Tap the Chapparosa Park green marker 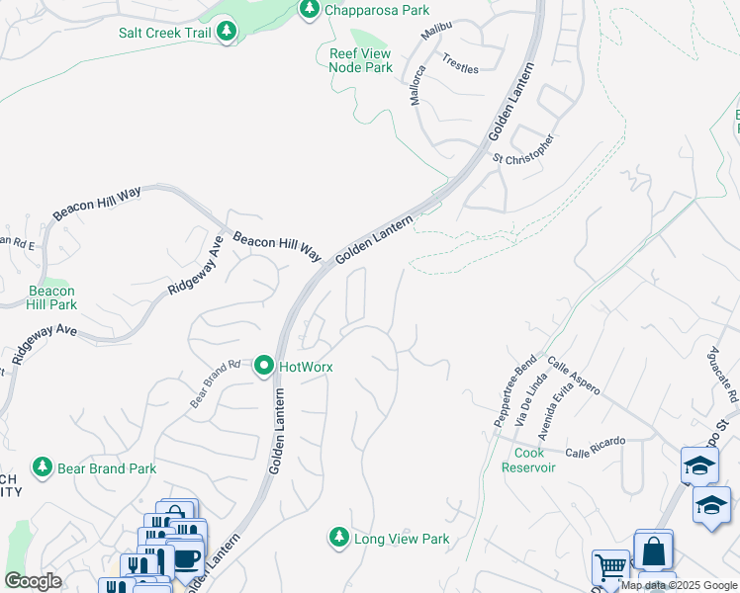pos(309,10)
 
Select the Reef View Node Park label pos(360,61)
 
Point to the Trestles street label pos(460,64)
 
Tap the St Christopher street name pos(523,148)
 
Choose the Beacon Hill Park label pos(51,297)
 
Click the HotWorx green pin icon pos(264,367)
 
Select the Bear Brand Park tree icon pos(42,466)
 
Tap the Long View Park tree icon pos(338,538)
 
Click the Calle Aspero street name pos(573,377)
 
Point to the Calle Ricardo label pos(596,446)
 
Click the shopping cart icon pos(610,568)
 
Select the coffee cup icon pos(185,559)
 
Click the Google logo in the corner pos(34,581)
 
